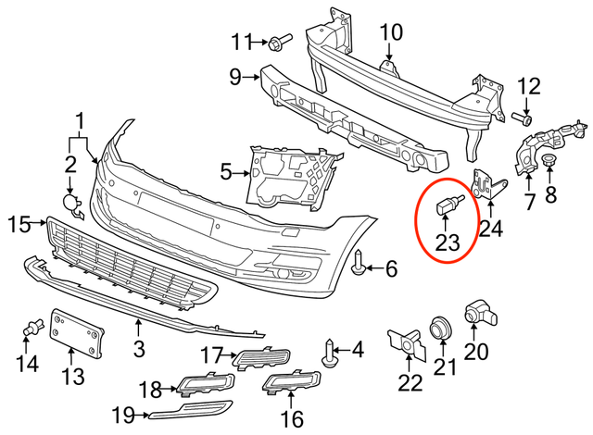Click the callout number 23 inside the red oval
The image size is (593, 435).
click(448, 242)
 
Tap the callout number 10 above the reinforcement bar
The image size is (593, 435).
click(391, 32)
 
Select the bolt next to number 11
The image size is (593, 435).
click(279, 41)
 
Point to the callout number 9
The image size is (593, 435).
click(235, 75)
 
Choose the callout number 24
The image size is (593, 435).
click(488, 226)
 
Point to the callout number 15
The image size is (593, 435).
click(19, 222)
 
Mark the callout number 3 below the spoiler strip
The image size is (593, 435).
click(139, 350)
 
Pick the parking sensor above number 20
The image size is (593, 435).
click(479, 316)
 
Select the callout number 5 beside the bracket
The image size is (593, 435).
click(225, 171)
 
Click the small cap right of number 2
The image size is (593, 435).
click(71, 203)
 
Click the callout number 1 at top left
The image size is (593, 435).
click(80, 121)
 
